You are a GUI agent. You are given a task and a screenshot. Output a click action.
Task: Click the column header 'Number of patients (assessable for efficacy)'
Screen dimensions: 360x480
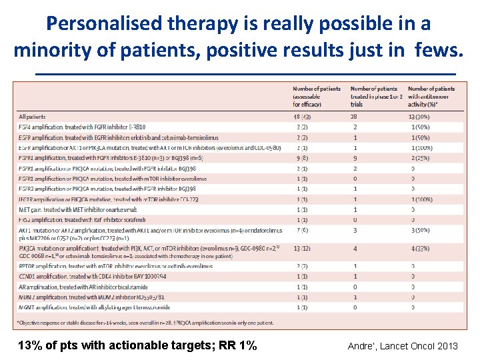316,96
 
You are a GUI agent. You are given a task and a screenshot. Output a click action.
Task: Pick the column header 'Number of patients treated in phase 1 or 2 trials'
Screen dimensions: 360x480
375,96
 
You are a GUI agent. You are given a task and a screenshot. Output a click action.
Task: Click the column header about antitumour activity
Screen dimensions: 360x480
431,96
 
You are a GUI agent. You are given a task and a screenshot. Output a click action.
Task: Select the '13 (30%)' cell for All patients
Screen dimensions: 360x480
419,117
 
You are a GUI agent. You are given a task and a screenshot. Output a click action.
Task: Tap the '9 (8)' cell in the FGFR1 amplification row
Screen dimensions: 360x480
302,159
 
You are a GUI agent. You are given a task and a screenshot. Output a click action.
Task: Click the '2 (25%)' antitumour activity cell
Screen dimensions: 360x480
420,159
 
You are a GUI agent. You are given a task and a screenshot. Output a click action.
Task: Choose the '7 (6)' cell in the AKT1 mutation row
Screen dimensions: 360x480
302,230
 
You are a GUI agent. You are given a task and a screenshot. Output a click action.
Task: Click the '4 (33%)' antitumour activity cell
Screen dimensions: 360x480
420,249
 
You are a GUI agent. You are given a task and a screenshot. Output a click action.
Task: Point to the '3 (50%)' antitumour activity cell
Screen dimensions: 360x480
420,230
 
